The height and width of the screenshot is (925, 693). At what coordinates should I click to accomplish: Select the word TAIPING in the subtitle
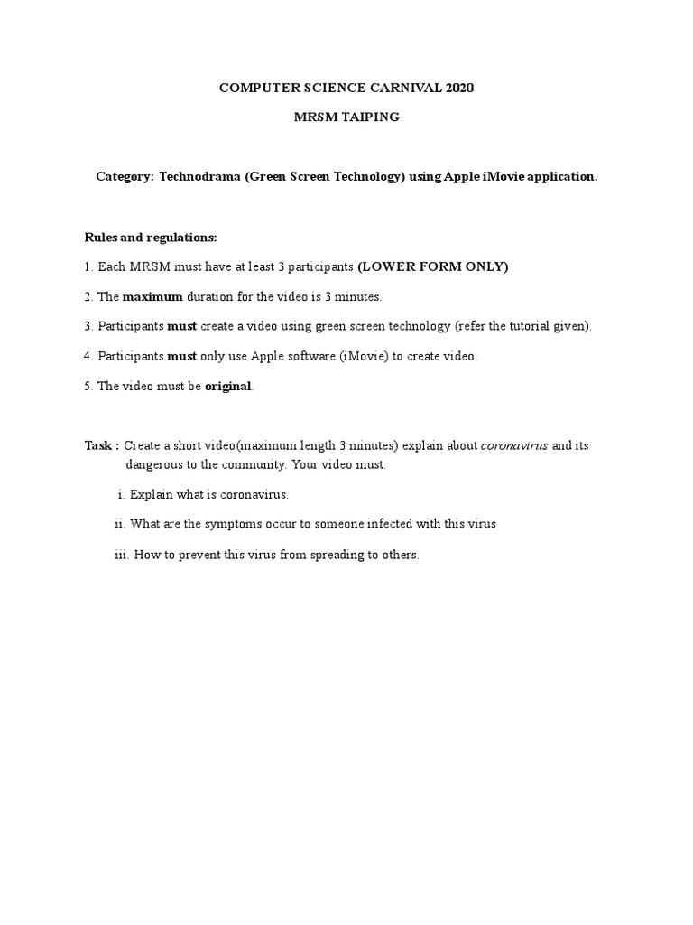(368, 117)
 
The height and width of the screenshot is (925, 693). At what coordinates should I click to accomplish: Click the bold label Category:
(125, 177)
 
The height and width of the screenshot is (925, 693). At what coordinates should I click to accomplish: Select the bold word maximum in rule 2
(152, 296)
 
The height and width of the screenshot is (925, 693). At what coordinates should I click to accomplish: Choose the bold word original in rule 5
(228, 386)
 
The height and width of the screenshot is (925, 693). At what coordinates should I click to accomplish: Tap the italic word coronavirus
(514, 446)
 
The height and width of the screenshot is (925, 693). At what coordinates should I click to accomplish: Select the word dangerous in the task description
(154, 464)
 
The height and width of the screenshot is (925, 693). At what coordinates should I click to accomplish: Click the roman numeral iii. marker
(122, 555)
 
